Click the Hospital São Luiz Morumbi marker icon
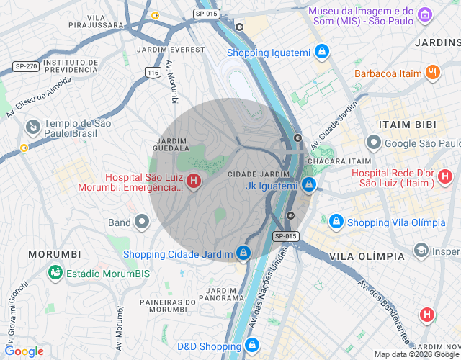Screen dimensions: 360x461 coord(194,181)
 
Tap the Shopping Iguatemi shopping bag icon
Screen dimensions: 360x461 coord(322,53)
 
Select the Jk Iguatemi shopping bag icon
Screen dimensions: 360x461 coord(308,185)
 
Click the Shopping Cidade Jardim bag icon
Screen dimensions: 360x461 coord(244,253)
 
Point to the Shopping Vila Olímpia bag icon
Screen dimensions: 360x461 coord(336,222)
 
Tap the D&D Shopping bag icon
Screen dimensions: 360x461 coord(251,346)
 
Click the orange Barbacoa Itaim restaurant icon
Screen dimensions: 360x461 coord(432,73)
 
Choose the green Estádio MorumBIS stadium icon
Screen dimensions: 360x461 coord(54,273)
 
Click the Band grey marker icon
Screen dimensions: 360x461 coord(142,222)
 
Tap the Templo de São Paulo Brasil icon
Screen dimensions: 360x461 coord(32,128)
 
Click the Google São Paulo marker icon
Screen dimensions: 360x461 coord(373,143)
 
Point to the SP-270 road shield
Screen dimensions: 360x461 coord(24,66)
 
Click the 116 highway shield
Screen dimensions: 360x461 coord(152,73)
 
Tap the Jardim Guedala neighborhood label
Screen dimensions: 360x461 coord(171,144)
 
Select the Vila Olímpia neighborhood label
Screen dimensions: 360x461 coord(367,256)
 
